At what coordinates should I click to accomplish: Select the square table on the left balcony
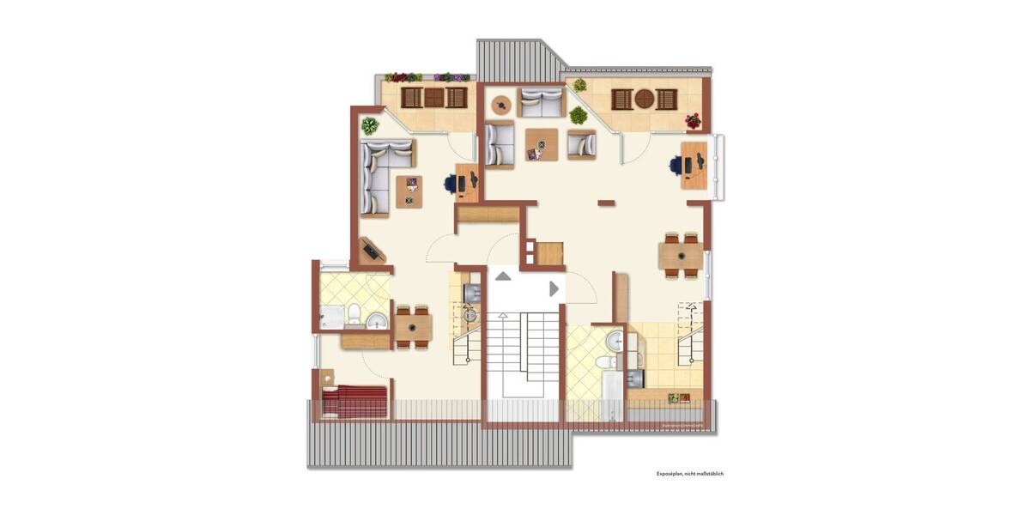tap(434, 98)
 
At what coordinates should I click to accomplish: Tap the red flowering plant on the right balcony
tap(693, 121)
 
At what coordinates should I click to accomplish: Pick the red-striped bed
tap(354, 401)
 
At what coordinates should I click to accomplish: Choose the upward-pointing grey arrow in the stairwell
tap(502, 276)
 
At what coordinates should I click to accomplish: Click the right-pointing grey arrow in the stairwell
tap(554, 289)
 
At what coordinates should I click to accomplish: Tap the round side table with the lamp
tap(500, 105)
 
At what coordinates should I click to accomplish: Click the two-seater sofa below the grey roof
tap(541, 102)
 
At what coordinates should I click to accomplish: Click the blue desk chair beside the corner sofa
tap(451, 182)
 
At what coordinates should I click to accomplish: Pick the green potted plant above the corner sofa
tap(370, 126)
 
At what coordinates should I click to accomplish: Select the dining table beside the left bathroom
tap(413, 327)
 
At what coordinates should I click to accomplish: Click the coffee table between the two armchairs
tap(542, 143)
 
